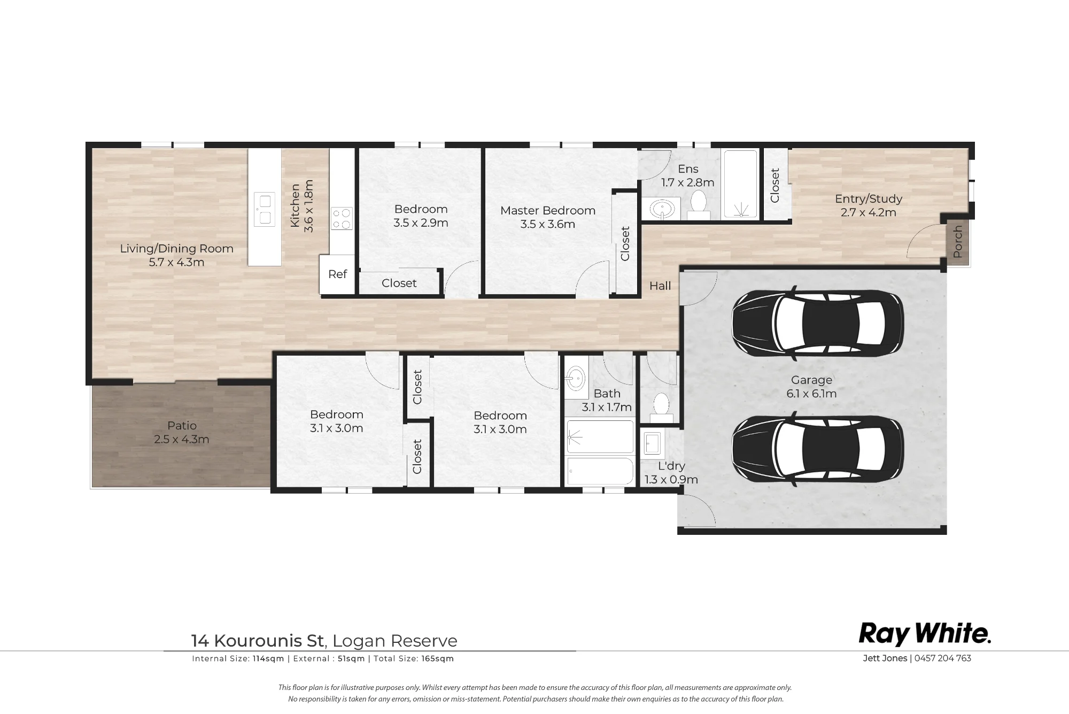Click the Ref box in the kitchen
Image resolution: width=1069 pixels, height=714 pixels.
(x=337, y=274)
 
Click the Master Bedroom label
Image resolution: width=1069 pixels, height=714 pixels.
(x=548, y=211)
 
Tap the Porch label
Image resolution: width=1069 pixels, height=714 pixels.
(x=958, y=241)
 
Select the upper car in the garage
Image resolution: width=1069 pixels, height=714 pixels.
(x=817, y=323)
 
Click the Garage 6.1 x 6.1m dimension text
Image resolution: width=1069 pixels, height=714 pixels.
(x=811, y=394)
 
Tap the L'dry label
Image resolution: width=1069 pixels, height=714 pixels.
(x=671, y=466)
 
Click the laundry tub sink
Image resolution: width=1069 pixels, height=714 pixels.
(x=653, y=443)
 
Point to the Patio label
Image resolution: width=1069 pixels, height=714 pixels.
(x=182, y=426)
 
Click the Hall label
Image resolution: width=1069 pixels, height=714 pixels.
(x=660, y=286)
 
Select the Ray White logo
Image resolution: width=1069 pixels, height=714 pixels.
(x=925, y=634)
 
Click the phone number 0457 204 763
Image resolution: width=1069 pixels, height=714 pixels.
(x=943, y=658)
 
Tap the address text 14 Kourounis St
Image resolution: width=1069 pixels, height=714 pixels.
(x=258, y=641)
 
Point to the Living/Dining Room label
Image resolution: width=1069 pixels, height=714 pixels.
(x=176, y=249)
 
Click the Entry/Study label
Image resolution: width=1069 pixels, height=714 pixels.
(x=869, y=199)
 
